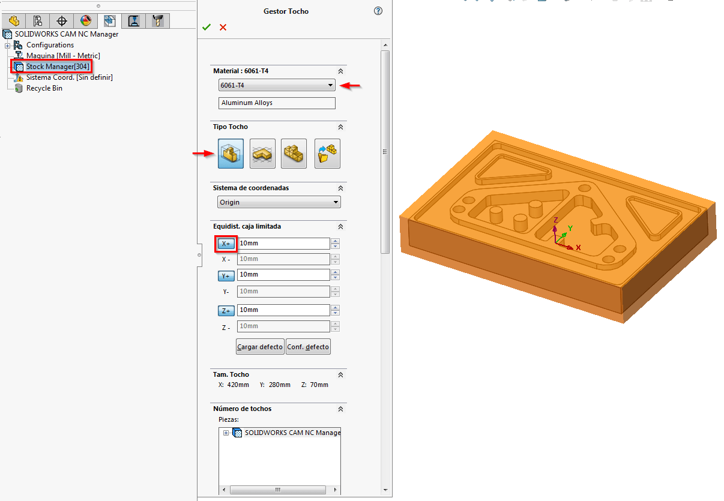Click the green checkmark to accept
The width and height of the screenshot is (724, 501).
(x=207, y=28)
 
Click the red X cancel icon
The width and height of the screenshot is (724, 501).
(x=223, y=28)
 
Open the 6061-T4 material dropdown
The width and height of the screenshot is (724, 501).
(x=277, y=86)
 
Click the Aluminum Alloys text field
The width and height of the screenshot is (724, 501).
(x=277, y=103)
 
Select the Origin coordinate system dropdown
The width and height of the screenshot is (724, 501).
(x=279, y=202)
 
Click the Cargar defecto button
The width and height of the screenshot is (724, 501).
(x=260, y=347)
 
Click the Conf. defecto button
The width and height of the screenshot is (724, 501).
(x=308, y=347)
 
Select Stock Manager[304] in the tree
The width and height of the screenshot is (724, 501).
(x=58, y=67)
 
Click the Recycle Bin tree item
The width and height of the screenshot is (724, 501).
(x=44, y=88)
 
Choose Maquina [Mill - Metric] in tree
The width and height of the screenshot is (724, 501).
(x=63, y=56)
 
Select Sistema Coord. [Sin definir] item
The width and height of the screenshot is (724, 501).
(x=69, y=77)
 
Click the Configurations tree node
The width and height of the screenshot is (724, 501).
(x=50, y=45)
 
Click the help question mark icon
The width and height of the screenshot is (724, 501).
(x=378, y=11)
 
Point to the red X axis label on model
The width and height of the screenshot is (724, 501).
(x=578, y=247)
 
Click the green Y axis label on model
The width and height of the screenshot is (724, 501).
(x=570, y=228)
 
